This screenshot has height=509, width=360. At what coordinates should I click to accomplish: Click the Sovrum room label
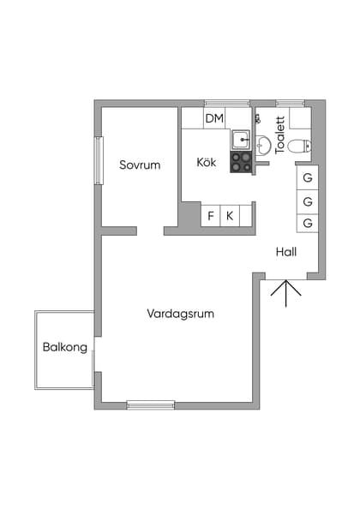(140, 165)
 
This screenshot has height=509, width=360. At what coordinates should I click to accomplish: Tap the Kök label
(207, 162)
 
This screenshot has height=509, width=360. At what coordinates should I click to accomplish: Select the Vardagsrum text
(180, 314)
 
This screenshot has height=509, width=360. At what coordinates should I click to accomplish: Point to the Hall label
(286, 252)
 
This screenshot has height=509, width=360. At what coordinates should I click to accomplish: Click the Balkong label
(63, 348)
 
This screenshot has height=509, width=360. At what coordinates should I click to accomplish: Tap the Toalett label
(280, 135)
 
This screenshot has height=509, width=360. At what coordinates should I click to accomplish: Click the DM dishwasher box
(214, 118)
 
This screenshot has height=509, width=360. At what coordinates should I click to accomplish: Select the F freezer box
(211, 216)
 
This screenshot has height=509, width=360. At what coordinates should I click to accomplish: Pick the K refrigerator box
(230, 216)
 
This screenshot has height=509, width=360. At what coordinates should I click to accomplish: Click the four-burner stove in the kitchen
(241, 162)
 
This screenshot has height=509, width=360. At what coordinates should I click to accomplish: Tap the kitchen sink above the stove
(242, 139)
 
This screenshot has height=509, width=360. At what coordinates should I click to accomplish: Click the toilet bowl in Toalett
(297, 147)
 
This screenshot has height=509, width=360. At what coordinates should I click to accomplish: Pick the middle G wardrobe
(308, 201)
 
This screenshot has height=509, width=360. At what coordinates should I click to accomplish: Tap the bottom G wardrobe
(308, 224)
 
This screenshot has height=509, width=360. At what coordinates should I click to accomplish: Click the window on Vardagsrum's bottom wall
(151, 404)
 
